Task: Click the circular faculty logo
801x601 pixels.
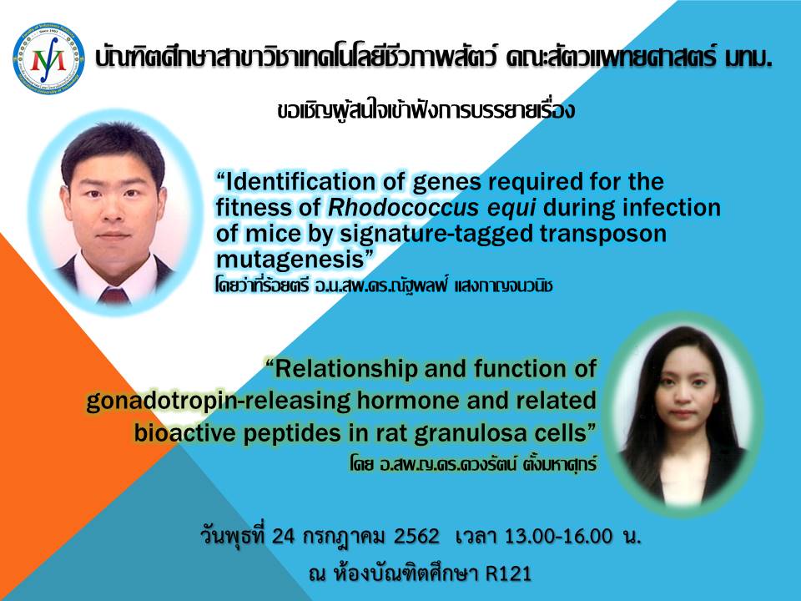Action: (x=49, y=58)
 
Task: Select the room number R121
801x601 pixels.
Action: (x=508, y=573)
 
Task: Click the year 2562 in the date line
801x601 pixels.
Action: (x=416, y=536)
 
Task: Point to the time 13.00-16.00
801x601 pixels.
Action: (x=558, y=536)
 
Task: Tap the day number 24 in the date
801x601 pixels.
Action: (x=283, y=536)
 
